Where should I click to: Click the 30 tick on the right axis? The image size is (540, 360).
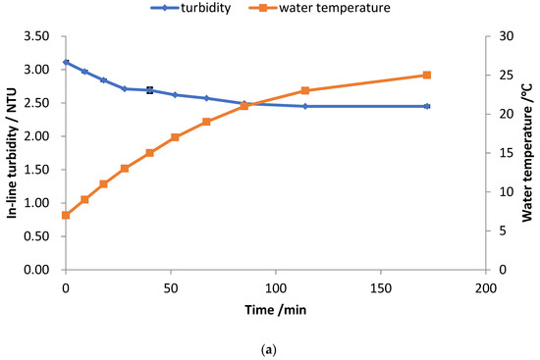[x=499, y=36]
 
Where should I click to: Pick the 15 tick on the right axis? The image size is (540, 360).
[x=499, y=153]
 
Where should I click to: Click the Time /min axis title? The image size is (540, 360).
[x=274, y=309]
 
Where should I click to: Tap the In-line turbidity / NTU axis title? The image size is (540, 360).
[x=16, y=153]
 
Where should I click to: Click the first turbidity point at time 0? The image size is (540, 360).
[x=66, y=62]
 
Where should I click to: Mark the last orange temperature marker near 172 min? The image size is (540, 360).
[x=427, y=75]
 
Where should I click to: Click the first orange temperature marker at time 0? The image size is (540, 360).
[x=66, y=215]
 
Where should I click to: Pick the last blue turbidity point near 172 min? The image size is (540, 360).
[x=427, y=106]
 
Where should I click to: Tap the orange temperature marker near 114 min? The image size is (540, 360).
[x=305, y=90]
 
